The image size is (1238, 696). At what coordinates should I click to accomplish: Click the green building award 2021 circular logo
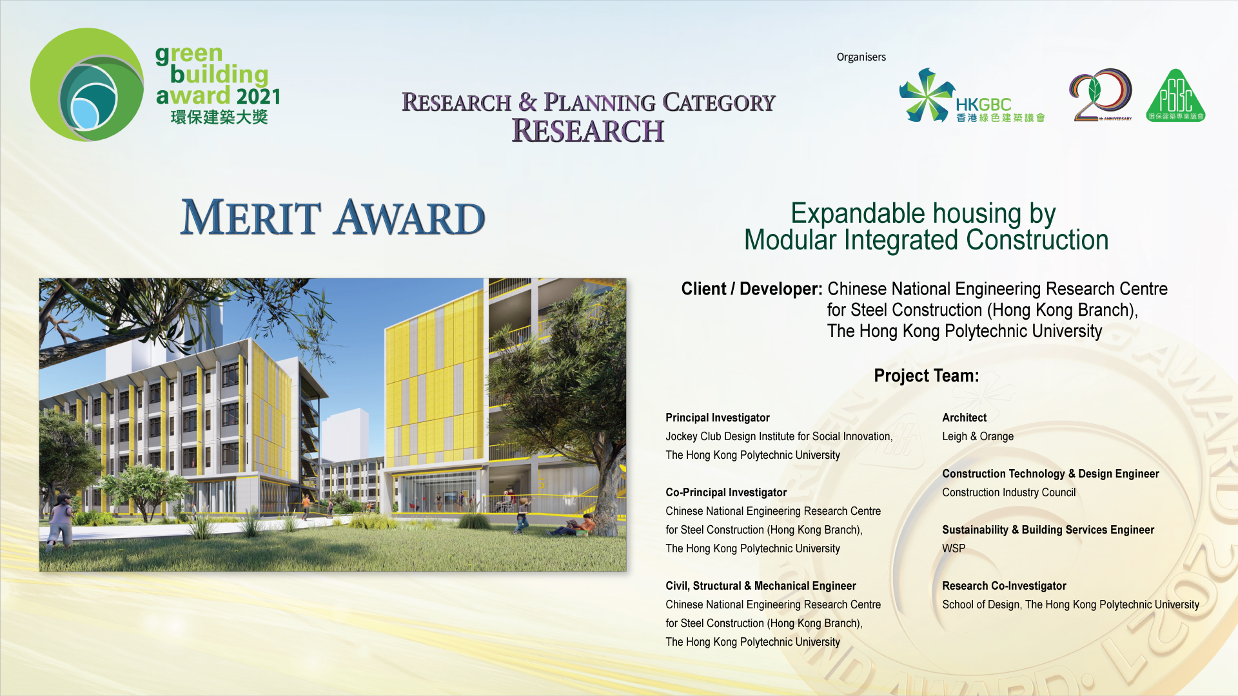[87, 84]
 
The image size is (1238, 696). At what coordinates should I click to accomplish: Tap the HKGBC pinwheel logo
[927, 95]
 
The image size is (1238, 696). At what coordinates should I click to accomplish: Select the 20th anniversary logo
[1101, 95]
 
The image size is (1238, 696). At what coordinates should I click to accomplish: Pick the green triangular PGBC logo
[1175, 95]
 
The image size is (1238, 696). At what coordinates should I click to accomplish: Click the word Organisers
[861, 57]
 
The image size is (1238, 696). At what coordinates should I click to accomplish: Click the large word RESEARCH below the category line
[587, 131]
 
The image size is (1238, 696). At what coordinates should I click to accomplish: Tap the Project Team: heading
[926, 376]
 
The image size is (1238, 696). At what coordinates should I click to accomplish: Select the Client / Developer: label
[752, 289]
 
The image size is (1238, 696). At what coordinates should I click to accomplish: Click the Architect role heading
[964, 418]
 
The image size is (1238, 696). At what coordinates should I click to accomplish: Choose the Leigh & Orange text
[978, 436]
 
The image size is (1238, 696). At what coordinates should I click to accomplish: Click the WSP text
[954, 548]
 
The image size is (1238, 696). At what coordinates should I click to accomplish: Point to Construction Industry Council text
[1008, 492]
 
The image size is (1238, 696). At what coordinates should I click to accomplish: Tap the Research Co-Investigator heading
[1004, 586]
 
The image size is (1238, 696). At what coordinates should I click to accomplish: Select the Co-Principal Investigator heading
[726, 492]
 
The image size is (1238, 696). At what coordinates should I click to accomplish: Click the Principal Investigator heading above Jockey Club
[718, 418]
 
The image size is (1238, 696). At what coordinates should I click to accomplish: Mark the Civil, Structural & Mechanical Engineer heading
[761, 586]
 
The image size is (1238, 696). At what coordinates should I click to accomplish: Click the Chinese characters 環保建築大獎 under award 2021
[219, 117]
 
